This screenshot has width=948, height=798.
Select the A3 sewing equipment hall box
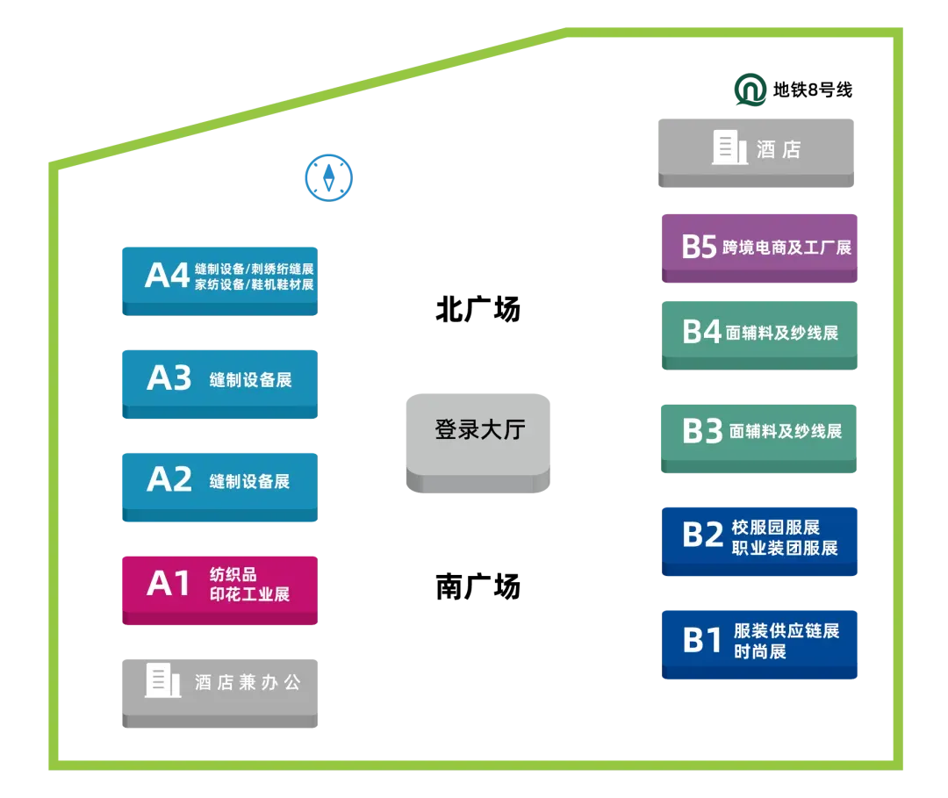pos(220,380)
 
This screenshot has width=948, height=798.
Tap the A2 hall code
pos(169,479)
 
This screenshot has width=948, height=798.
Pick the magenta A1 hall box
pos(220,589)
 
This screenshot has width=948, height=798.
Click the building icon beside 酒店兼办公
pos(162,680)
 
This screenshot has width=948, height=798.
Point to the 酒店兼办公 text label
pos(248,682)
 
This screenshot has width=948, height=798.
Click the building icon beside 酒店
pos(729,147)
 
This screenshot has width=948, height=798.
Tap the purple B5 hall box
pos(761,247)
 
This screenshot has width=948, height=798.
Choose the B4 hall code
pos(701,332)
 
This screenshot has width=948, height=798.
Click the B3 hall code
pos(702,431)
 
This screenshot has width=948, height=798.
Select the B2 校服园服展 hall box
pos(761,539)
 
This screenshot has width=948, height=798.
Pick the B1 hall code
pos(702,640)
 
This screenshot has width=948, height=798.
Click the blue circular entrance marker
pos(328,177)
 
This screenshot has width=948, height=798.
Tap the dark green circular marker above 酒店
pos(751,90)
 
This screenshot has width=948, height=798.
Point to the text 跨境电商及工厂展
pos(787,248)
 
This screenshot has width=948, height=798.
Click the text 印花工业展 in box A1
pos(249,594)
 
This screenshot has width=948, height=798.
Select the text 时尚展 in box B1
pos(759,651)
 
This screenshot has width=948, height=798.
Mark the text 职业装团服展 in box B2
pos(785,549)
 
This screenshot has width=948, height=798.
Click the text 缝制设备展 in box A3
pos(250,380)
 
